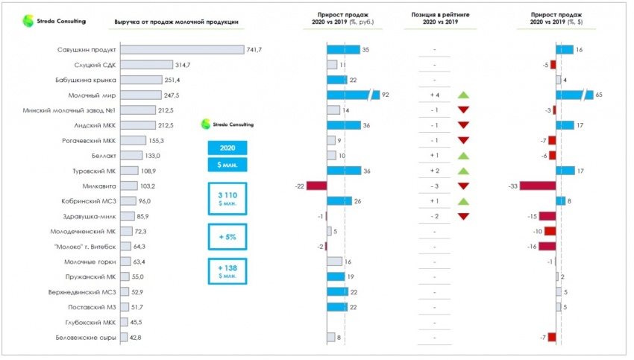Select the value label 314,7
click(183, 65)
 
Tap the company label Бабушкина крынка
click(85, 80)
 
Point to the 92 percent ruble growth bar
click(351, 95)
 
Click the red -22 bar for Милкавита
click(317, 186)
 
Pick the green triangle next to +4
click(463, 95)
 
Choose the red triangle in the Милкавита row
click(463, 186)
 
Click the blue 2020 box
click(227, 147)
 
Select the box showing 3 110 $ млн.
click(227, 198)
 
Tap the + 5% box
click(227, 237)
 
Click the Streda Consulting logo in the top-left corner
click(54, 22)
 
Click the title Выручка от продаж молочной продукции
click(177, 22)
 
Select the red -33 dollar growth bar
click(538, 186)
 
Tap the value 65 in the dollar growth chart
click(599, 95)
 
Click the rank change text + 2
click(434, 171)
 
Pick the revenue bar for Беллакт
click(131, 155)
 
